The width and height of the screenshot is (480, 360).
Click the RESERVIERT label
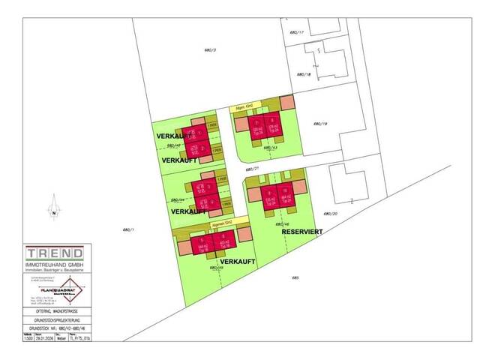301,232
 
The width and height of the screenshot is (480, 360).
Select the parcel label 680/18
303,74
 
